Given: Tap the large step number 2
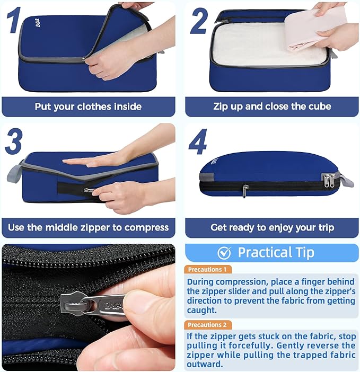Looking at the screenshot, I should (x=198, y=21).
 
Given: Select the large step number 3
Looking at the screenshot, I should (x=14, y=141).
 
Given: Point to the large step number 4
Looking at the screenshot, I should (x=198, y=141).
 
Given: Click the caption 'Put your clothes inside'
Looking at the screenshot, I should (x=88, y=107).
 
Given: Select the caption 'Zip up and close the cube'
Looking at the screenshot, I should (x=272, y=107).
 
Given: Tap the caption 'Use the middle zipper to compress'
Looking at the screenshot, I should (x=88, y=228).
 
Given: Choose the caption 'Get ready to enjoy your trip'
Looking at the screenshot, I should (x=272, y=228).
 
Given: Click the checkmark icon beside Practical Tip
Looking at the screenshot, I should (x=224, y=253).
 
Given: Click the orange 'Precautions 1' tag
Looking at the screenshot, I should (x=207, y=269).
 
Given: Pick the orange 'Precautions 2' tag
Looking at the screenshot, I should (x=207, y=325).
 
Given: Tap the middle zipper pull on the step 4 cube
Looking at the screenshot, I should (x=245, y=191).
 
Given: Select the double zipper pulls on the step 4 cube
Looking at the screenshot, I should (x=329, y=181).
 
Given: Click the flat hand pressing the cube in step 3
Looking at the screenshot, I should (x=101, y=159).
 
